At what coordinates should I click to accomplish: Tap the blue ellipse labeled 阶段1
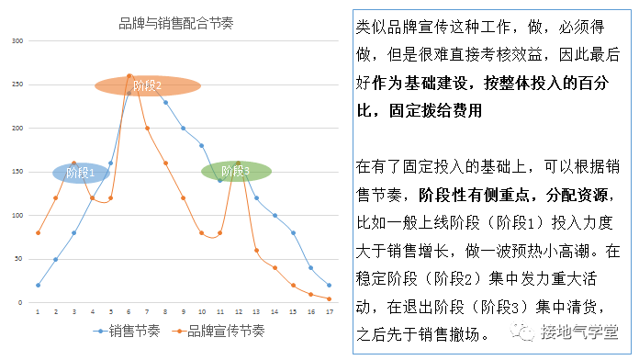point(81,172)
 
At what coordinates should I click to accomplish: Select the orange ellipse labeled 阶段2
point(148,86)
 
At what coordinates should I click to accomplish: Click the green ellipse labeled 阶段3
point(236,171)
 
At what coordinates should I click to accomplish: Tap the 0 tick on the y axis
point(18,302)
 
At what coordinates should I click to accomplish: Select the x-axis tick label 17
point(329,311)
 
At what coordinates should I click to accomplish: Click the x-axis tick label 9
point(184,311)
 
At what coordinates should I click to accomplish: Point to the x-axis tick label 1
point(38,311)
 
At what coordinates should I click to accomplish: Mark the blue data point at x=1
point(38,285)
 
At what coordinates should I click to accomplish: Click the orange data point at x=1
point(38,232)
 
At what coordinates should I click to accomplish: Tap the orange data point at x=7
point(147,128)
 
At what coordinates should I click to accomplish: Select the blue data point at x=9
point(184,128)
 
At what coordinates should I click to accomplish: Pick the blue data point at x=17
point(329,285)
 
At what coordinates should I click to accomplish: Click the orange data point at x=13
point(256,250)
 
